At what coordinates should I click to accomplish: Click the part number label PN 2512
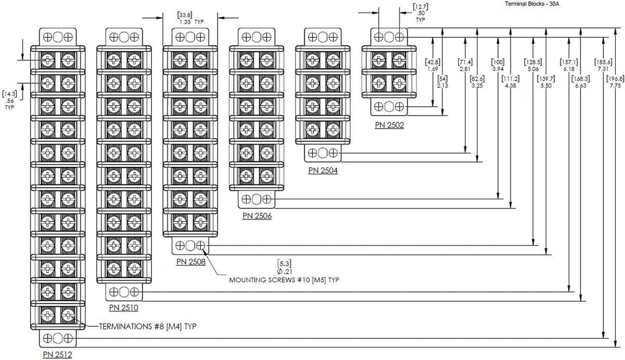point(57,354)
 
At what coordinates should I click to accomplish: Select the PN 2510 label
point(123,307)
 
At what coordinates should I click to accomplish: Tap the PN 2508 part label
point(191,261)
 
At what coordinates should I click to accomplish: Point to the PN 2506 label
point(257,216)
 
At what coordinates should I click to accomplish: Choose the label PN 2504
point(323,169)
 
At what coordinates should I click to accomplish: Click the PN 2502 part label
point(389,124)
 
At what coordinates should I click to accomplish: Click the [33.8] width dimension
point(185,14)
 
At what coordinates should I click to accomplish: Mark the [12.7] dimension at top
point(420,7)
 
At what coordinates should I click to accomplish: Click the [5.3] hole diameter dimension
point(284,262)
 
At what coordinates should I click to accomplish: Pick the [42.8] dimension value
point(432,62)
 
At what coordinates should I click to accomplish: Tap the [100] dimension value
point(498,62)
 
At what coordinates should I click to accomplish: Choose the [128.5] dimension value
point(533,62)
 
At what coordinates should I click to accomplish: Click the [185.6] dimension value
point(603,62)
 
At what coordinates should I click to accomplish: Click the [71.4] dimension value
point(465,62)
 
